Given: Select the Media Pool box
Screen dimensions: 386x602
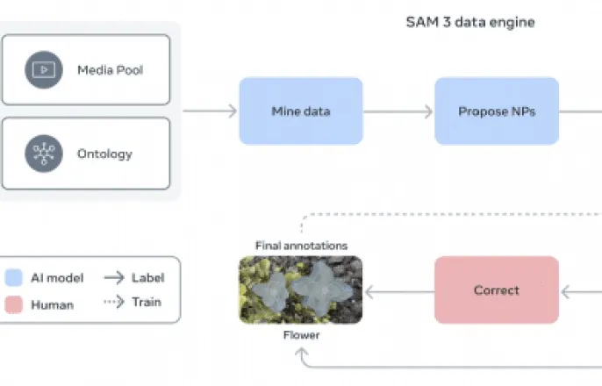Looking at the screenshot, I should coord(86,69).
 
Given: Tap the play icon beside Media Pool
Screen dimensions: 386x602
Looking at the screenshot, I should coord(41,69).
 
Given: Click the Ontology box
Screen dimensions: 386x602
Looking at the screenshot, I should coord(86,154).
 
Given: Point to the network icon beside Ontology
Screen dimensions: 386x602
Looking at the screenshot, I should coord(41,154).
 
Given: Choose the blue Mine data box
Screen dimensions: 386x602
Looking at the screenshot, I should coord(301,111).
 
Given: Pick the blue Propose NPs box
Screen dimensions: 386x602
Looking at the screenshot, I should coord(497,111).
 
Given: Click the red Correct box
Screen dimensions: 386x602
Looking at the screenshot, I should coord(497,289).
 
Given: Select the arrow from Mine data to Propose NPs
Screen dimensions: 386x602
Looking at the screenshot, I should coord(398,111).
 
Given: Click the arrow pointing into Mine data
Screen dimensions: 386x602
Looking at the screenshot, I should coord(211,111).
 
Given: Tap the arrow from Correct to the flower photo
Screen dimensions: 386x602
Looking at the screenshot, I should coord(399,289).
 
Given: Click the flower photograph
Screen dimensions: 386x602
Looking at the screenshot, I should coord(301,289).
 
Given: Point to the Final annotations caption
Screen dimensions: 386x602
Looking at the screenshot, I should coord(301,246).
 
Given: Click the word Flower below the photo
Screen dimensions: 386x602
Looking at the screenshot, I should coord(301,335).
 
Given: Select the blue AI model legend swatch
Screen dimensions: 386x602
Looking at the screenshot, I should coord(14,278).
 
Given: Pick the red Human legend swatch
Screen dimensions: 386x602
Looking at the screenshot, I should coord(14,304).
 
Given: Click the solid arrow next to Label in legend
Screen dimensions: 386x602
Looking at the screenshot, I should coord(114,278).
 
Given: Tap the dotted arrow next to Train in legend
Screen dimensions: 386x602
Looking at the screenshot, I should coord(114,304).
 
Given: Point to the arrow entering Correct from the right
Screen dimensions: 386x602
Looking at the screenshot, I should coord(581,289).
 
